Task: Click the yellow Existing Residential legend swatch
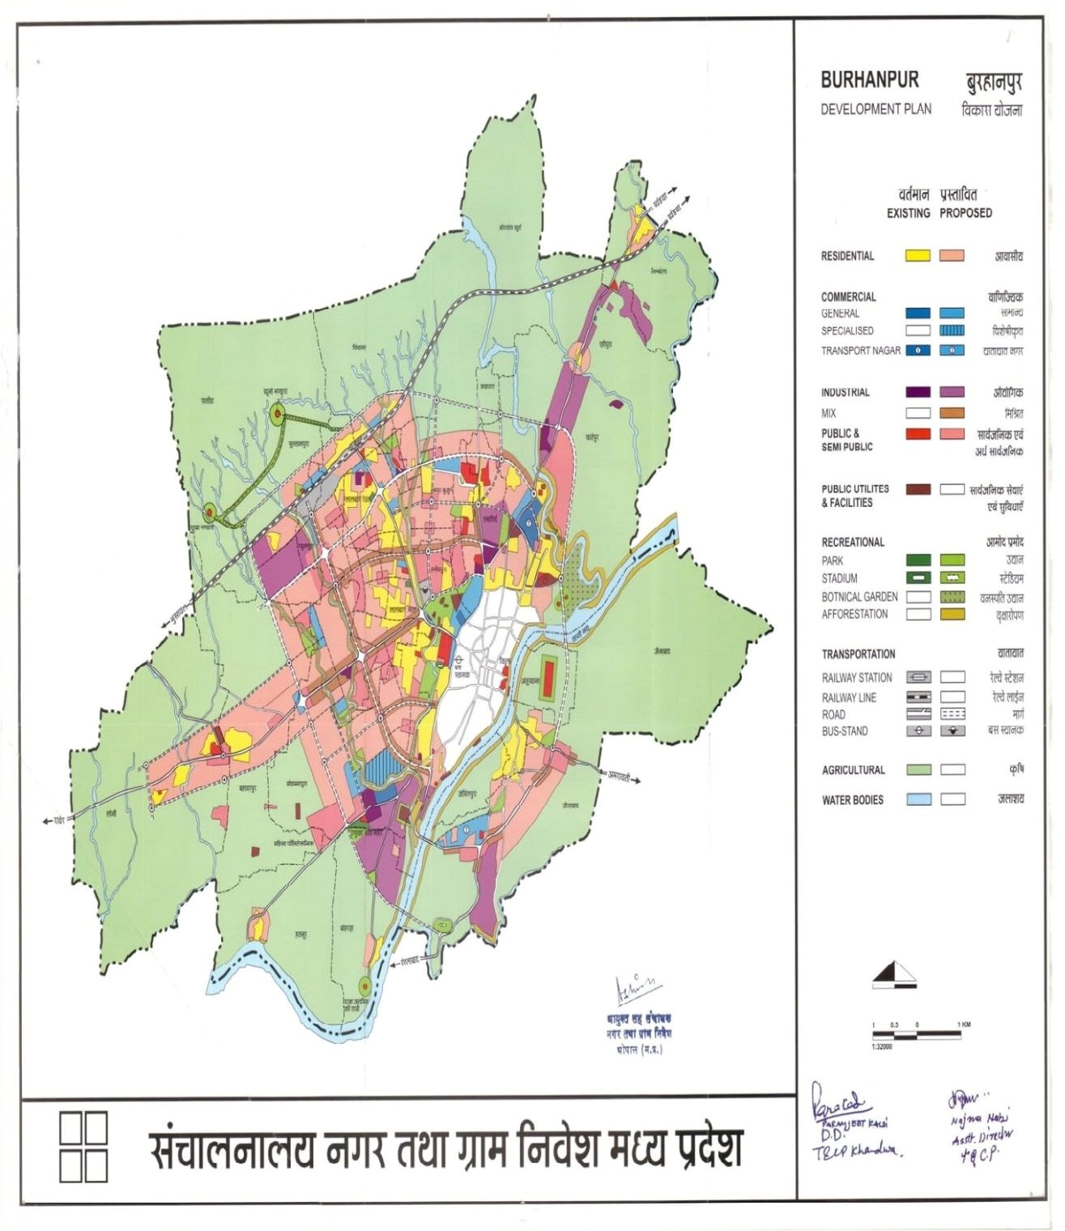coord(917,255)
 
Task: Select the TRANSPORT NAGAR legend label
coord(860,351)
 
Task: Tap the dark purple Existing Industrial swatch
coord(917,392)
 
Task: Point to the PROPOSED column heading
coord(965,213)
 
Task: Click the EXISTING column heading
coord(908,213)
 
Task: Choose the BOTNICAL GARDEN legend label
coord(859,596)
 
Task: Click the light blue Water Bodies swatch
coord(918,799)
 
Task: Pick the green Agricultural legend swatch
coord(918,769)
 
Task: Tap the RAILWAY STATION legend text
coord(856,677)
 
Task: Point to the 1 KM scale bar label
coord(963,1024)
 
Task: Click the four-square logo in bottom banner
coord(83,1146)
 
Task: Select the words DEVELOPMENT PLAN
coord(875,109)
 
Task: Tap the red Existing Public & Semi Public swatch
coord(917,434)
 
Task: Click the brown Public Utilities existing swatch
coord(917,489)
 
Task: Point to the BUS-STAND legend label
coord(844,731)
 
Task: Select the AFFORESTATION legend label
coord(854,614)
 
